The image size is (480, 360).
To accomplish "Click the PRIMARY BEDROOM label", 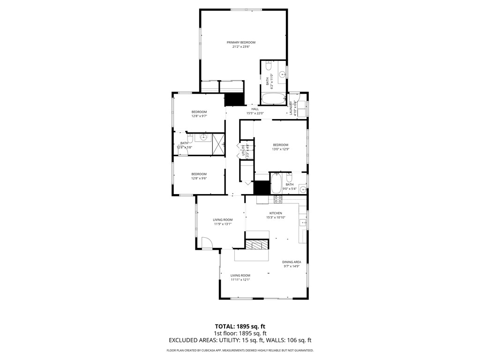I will coord(244,42).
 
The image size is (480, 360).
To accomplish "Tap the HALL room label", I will coord(255,109).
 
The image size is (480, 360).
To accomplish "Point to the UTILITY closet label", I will coord(243,152).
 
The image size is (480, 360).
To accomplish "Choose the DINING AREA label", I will coord(291,262).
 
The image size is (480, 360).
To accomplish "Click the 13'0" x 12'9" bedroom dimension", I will coord(280,150).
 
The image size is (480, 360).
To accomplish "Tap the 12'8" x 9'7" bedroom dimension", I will coord(199,116).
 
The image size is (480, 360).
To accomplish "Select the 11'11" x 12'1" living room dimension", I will coord(240,280).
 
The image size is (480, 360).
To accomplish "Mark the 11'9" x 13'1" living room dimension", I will coord(222,224).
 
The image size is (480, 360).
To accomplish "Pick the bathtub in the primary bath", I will coord(273,99).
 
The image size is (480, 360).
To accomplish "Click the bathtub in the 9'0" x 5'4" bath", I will coord(276,184).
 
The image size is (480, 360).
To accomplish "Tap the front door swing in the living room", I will coord(206,243).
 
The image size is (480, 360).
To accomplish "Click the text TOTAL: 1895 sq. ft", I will coord(240,326).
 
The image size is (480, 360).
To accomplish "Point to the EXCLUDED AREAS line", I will coord(240,340).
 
